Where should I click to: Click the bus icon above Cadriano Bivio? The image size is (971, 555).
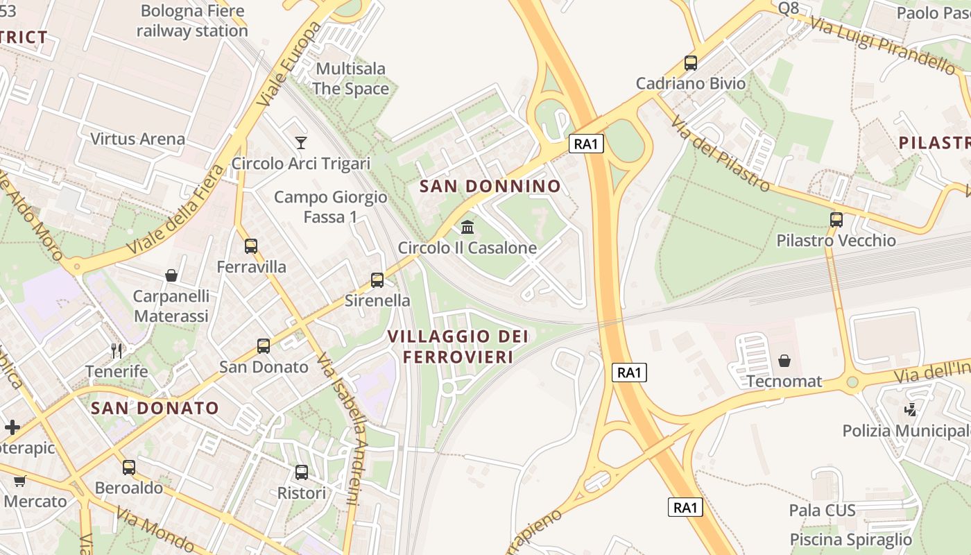click(x=690, y=63)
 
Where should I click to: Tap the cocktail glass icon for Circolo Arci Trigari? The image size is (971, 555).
click(x=300, y=143)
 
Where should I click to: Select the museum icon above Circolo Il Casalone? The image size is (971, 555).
click(x=467, y=228)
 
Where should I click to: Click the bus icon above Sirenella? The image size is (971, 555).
click(x=377, y=280)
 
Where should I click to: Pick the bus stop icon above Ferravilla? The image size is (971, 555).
click(x=251, y=246)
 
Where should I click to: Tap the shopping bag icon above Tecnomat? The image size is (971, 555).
click(x=784, y=361)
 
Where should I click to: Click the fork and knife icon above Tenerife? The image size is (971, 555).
click(x=117, y=351)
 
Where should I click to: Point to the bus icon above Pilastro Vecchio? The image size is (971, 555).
click(x=836, y=220)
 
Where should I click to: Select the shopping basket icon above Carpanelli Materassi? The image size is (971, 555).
click(x=171, y=276)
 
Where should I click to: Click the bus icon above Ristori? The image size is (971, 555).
click(x=302, y=472)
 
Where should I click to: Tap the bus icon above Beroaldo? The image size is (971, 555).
click(x=129, y=467)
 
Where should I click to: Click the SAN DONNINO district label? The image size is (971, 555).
click(x=490, y=186)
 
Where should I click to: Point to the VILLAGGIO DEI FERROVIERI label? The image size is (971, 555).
click(x=458, y=346)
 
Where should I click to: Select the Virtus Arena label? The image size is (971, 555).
click(x=138, y=139)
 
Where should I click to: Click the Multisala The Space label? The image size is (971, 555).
click(x=351, y=78)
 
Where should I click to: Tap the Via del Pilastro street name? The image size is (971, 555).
click(x=720, y=153)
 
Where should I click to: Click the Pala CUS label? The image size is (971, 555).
click(x=822, y=511)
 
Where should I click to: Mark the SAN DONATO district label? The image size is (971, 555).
click(x=155, y=408)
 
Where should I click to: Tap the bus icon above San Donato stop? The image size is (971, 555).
click(x=264, y=346)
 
